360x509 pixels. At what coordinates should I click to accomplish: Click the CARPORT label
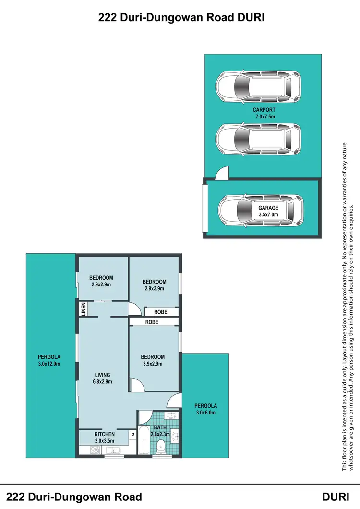[264, 110]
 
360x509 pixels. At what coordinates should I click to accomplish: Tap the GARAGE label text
[268, 208]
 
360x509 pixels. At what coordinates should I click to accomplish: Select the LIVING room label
[102, 375]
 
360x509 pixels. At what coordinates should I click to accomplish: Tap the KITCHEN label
[104, 434]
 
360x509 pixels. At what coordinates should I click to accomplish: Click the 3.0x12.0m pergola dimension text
[50, 364]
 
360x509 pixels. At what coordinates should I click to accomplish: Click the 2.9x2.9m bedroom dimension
[101, 284]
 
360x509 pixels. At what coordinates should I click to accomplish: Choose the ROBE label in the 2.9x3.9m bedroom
[160, 312]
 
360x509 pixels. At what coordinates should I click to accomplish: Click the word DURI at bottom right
[338, 497]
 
